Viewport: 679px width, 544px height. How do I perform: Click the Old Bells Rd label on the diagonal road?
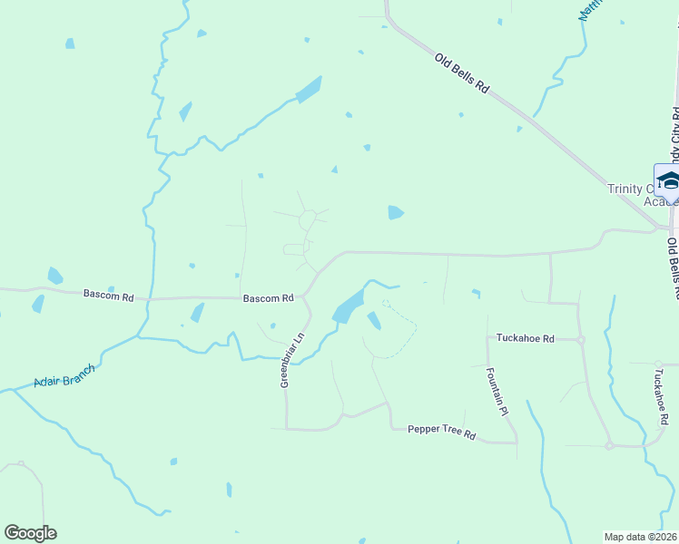pyautogui.click(x=462, y=74)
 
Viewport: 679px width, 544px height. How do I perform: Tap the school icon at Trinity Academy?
pyautogui.click(x=668, y=180)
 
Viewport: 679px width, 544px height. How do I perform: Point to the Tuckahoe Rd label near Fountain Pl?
pyautogui.click(x=525, y=338)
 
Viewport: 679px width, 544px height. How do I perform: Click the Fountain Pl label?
pyautogui.click(x=496, y=391)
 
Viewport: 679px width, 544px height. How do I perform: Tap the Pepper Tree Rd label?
pyautogui.click(x=441, y=432)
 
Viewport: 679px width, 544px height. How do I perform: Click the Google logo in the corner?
pyautogui.click(x=30, y=533)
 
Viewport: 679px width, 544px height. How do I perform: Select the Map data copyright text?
pyautogui.click(x=641, y=536)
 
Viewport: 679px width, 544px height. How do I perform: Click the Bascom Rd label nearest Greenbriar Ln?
pyautogui.click(x=268, y=297)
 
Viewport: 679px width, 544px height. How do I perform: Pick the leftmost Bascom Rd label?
pyautogui.click(x=108, y=294)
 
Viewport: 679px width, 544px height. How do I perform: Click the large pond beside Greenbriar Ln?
pyautogui.click(x=349, y=306)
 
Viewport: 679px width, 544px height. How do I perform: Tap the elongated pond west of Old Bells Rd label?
pyautogui.click(x=309, y=90)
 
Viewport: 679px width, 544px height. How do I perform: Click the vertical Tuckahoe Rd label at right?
pyautogui.click(x=660, y=398)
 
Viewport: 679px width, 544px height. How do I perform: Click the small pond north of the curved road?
pyautogui.click(x=395, y=212)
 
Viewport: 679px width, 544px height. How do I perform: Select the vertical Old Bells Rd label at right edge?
pyautogui.click(x=673, y=268)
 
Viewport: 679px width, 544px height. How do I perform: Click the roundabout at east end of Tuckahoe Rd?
pyautogui.click(x=581, y=339)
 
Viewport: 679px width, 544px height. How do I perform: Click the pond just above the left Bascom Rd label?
pyautogui.click(x=55, y=276)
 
